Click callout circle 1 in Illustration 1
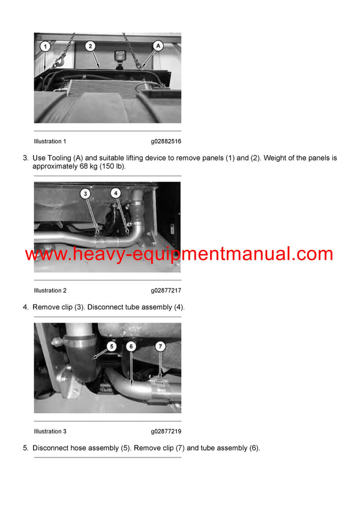45,46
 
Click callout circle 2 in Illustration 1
89,46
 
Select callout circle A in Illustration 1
158,46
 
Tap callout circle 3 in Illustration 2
86,194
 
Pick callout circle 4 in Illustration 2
116,194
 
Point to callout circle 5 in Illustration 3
111,346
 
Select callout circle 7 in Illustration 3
160,346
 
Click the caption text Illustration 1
50,141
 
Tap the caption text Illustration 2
50,291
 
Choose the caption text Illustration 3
50,432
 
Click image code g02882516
166,141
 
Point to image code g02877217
166,291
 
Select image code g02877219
166,432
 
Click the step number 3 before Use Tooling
25,158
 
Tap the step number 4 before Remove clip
25,307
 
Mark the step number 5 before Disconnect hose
25,448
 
